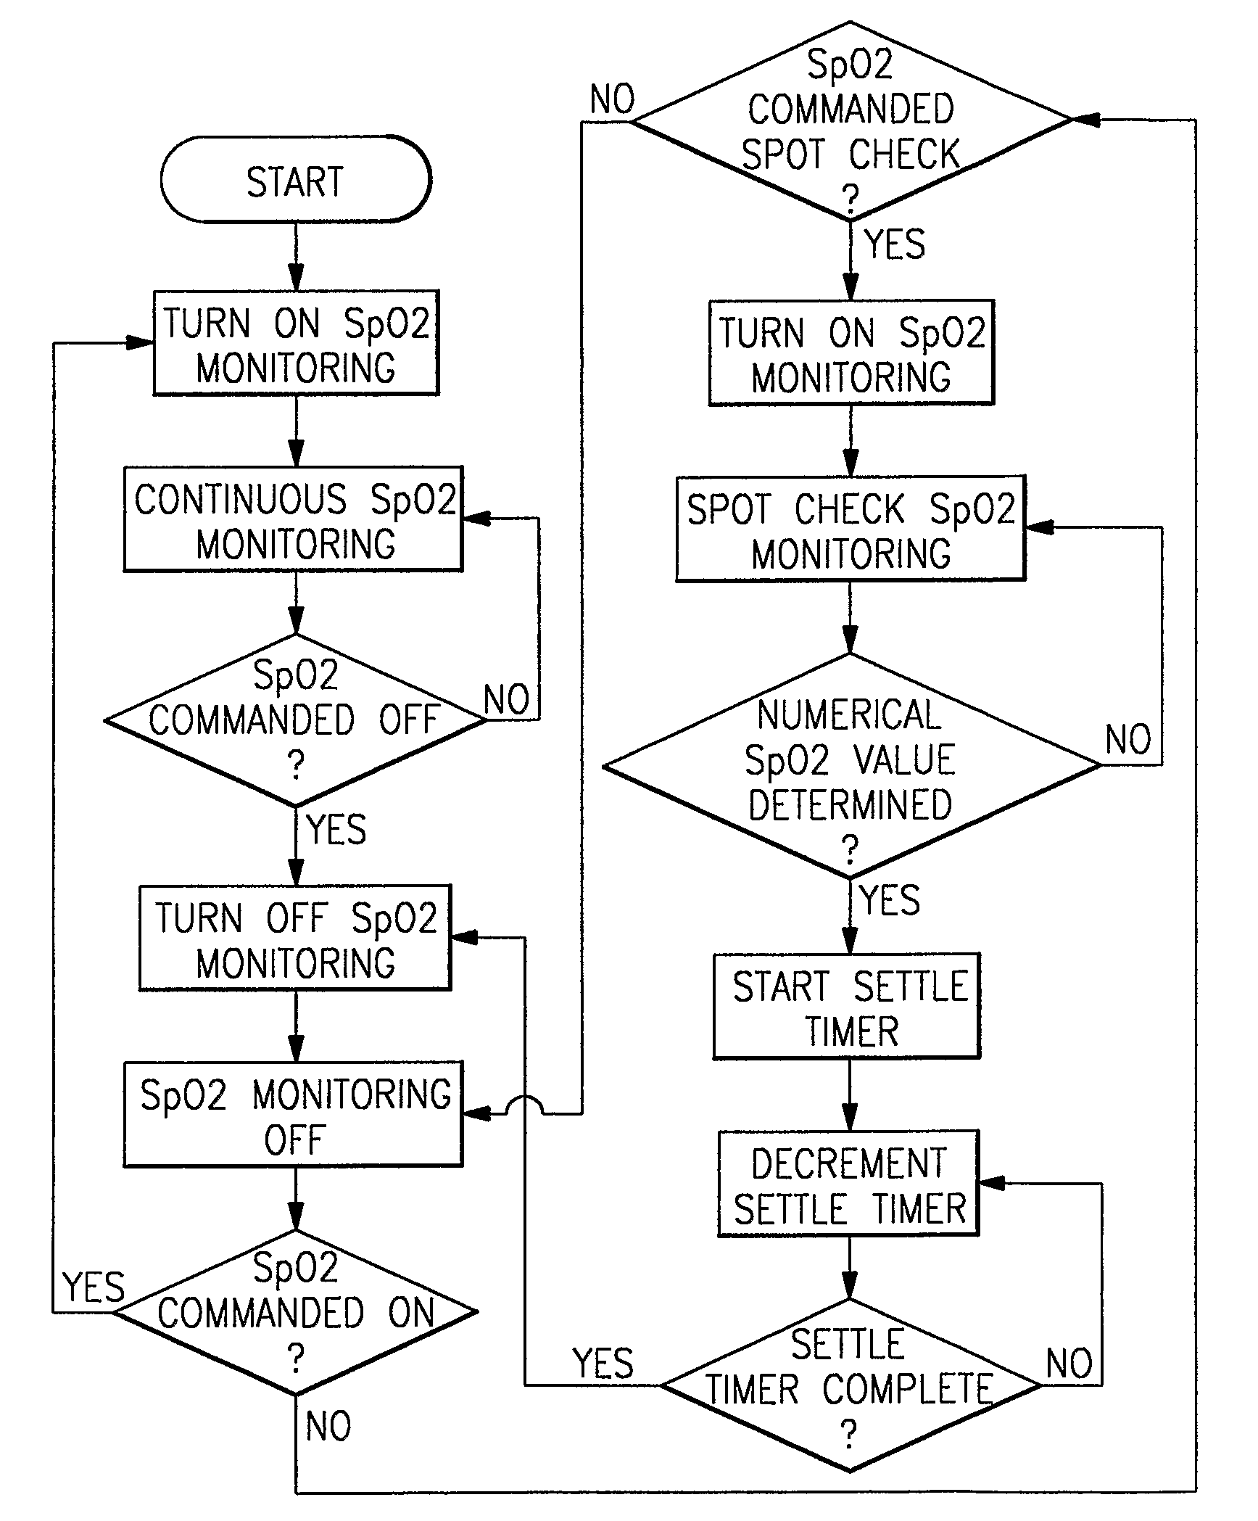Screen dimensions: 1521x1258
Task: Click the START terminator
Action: tap(295, 180)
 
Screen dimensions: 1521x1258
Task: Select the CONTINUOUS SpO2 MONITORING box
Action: tap(293, 519)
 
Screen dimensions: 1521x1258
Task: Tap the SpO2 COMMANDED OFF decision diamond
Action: tap(295, 720)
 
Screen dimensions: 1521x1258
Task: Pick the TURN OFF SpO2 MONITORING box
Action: tap(295, 939)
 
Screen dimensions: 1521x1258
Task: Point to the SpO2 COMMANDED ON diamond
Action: tap(295, 1312)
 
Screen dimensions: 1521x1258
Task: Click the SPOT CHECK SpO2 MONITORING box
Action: tap(851, 529)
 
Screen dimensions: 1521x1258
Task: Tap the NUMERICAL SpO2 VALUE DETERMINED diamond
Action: tap(851, 765)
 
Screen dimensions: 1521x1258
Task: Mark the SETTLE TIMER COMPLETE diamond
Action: tap(851, 1385)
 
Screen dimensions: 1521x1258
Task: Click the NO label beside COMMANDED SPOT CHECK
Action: tap(612, 99)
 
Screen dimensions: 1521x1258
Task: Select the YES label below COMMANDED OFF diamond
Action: tap(336, 829)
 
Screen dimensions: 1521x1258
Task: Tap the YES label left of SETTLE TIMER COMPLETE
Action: tap(603, 1363)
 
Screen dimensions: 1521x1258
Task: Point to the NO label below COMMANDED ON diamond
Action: tap(328, 1427)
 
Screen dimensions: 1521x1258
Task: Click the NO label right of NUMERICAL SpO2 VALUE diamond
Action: tap(1127, 740)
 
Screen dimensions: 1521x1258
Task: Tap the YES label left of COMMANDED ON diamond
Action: tap(94, 1287)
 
